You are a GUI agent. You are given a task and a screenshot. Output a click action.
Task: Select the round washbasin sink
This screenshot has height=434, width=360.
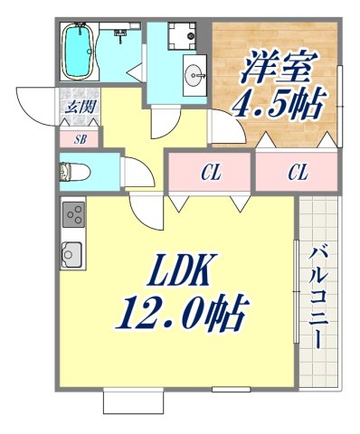pyautogui.click(x=193, y=73)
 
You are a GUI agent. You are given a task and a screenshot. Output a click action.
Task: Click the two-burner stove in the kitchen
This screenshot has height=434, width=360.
pyautogui.click(x=72, y=216)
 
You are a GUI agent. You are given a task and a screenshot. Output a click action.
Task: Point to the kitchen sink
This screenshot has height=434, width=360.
pyautogui.click(x=71, y=255)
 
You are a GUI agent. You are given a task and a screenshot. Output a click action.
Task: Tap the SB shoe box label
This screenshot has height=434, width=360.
pyautogui.click(x=79, y=139)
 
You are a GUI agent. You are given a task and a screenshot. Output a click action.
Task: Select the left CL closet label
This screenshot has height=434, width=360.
pyautogui.click(x=211, y=170)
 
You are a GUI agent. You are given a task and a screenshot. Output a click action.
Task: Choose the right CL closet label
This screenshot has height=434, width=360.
pyautogui.click(x=296, y=170)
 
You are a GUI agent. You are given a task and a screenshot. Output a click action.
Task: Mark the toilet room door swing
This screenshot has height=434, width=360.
pyautogui.click(x=134, y=172)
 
